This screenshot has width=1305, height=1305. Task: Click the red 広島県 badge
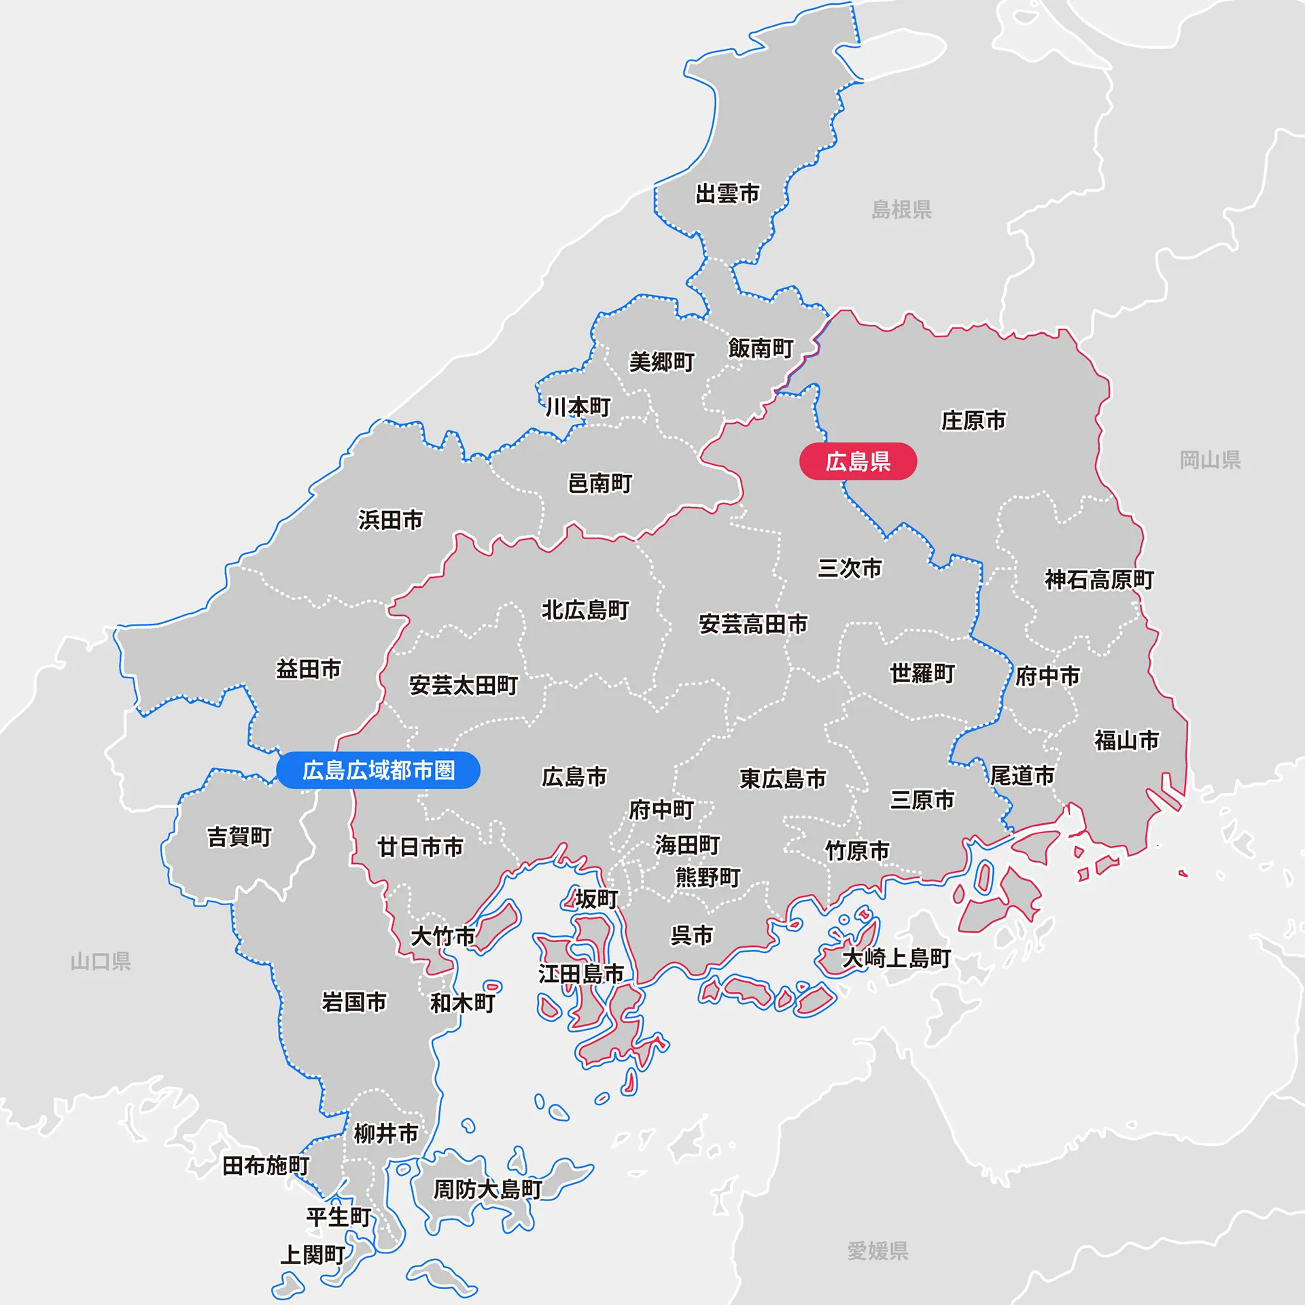point(858,462)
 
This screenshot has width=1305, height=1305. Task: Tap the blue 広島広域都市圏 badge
point(379,770)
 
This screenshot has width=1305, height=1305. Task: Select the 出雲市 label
point(727,194)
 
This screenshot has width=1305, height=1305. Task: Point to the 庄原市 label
point(973,421)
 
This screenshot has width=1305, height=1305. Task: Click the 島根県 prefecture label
point(901,209)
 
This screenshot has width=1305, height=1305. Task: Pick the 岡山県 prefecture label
point(1210,460)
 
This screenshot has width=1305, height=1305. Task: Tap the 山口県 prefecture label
point(101,961)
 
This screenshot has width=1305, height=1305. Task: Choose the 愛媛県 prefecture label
point(877,1251)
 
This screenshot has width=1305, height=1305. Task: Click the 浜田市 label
point(391,520)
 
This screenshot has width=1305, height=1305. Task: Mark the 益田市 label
point(309,669)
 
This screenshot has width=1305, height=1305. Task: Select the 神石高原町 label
point(1099,580)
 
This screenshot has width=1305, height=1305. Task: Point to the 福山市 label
point(1126,740)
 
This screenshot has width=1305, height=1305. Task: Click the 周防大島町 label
point(487,1189)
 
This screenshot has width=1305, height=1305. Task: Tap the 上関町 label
point(313,1255)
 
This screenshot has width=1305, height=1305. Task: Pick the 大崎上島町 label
point(897,958)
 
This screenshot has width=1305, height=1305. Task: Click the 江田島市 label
point(581,974)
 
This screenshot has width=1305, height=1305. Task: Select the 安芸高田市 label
point(753,624)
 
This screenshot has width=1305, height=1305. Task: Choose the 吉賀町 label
point(239,837)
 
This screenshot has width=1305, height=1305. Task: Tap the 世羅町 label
point(922,674)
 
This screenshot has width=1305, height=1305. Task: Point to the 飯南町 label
point(761,349)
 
